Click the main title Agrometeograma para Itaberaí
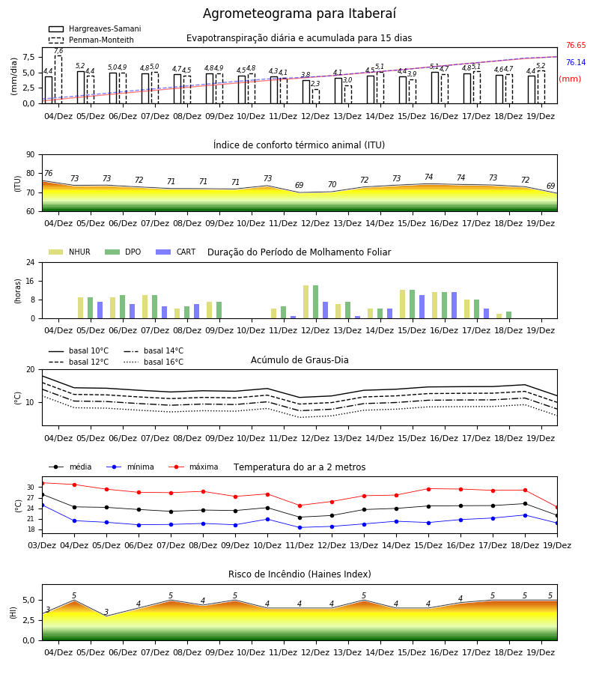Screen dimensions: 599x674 (299, 13)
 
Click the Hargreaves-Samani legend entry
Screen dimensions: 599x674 (94, 28)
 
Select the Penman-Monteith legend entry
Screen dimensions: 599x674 (91, 40)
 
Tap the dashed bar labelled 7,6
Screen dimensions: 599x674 (58, 79)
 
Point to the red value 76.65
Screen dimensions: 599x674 (576, 45)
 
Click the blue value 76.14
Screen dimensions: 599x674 (576, 62)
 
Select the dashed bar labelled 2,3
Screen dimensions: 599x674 (316, 97)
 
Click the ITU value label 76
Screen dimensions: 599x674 (48, 173)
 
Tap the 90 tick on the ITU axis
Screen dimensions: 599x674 (31, 155)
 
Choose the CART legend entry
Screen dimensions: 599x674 (176, 252)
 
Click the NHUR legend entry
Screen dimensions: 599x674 (69, 252)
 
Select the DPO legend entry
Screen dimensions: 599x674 (123, 252)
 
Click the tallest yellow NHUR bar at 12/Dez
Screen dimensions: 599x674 (306, 302)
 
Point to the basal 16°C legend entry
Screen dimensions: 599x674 (153, 362)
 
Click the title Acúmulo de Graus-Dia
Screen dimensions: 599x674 (299, 359)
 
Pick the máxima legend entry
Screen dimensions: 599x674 (193, 467)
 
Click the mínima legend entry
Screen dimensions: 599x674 (130, 467)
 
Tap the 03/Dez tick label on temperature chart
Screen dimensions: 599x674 (42, 545)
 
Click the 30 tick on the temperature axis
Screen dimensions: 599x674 (31, 488)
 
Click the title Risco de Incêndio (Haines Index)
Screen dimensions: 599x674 (299, 574)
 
